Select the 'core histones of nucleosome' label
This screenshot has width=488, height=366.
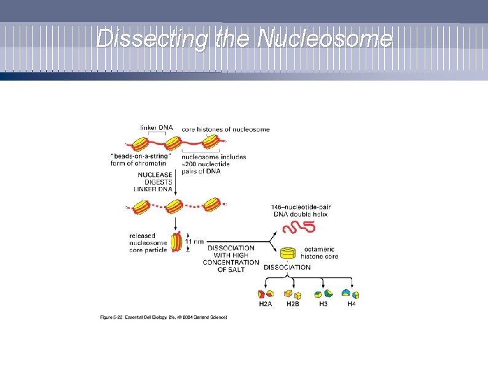(226, 129)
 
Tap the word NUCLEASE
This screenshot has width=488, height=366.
(155, 175)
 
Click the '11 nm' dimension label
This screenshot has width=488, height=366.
(194, 242)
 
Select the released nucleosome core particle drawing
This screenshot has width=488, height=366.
(177, 242)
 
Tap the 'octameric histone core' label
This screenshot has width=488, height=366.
(320, 253)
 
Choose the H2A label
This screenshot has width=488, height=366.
(266, 304)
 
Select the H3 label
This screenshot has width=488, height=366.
(323, 304)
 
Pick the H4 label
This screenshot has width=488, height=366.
(351, 304)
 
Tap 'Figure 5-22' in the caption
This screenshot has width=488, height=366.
(114, 317)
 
